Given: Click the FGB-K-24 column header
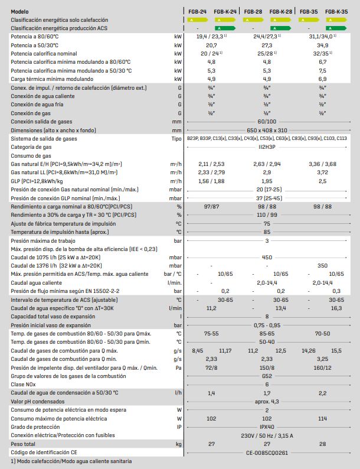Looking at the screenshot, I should tap(225, 11).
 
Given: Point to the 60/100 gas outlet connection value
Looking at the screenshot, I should tap(267, 122).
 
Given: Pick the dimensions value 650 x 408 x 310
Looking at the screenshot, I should tap(267, 130).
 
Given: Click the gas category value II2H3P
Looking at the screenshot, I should tap(267, 147).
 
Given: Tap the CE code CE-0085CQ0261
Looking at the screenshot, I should tap(267, 452).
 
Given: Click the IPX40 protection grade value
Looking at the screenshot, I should tap(267, 427).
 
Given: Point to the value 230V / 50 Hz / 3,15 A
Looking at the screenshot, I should tap(267, 435).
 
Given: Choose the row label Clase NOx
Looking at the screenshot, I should tap(24, 385).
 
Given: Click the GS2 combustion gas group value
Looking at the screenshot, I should tap(267, 376).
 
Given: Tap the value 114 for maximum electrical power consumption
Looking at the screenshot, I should tap(322, 418).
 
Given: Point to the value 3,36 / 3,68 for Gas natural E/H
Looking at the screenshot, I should tap(322, 164).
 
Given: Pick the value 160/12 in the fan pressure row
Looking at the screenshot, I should tap(322, 367).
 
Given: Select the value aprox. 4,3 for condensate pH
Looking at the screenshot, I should tap(267, 402).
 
